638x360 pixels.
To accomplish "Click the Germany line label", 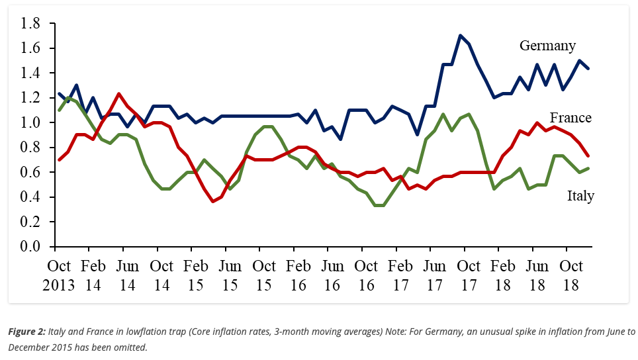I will click(x=547, y=46).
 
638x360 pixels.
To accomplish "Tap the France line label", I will click(x=570, y=118).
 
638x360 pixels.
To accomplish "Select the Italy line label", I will click(x=580, y=196).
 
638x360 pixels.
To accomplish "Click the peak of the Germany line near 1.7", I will click(x=460, y=36).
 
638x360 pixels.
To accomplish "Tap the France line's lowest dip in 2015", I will click(x=213, y=201).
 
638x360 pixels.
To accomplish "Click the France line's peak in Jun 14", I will click(x=118, y=94).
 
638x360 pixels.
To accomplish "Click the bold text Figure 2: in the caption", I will click(x=26, y=332).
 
